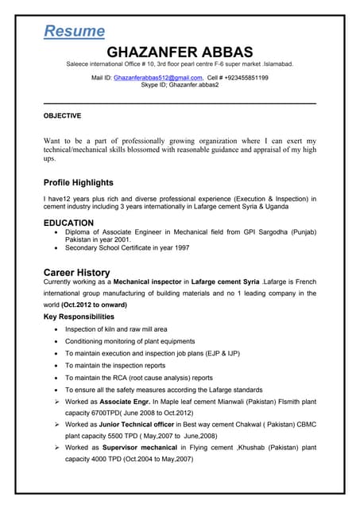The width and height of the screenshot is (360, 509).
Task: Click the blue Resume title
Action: (x=74, y=31)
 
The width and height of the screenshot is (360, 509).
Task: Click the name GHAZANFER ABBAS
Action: (x=179, y=51)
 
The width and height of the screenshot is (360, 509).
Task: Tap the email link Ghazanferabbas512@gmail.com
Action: (x=158, y=78)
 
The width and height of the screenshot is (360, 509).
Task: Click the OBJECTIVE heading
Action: (x=62, y=116)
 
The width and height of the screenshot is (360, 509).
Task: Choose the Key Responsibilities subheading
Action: (x=79, y=317)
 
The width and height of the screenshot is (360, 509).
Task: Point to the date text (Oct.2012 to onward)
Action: (x=94, y=305)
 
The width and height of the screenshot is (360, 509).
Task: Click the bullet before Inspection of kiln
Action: (x=55, y=329)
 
